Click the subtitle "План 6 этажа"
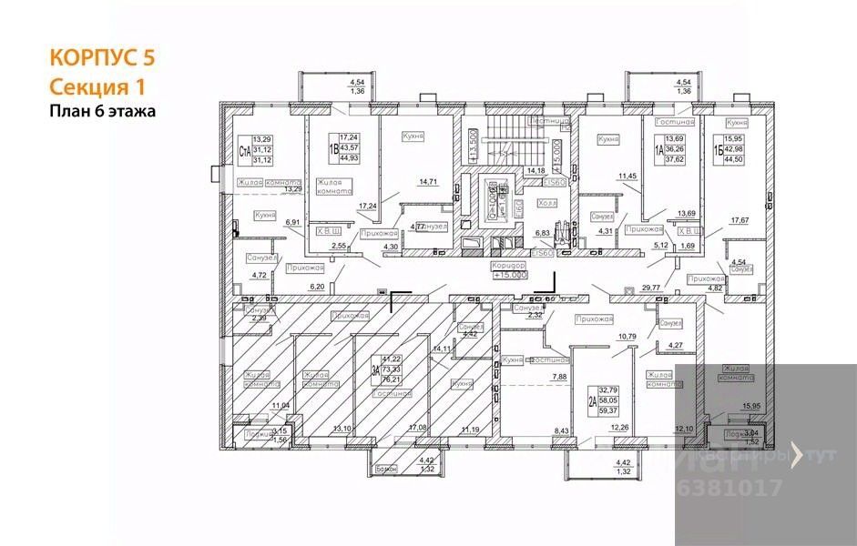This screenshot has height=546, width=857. [102, 111]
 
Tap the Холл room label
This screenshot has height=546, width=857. [547, 204]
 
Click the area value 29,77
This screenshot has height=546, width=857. [650, 286]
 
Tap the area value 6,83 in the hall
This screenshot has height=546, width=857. [542, 233]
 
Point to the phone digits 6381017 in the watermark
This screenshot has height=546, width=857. [730, 487]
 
